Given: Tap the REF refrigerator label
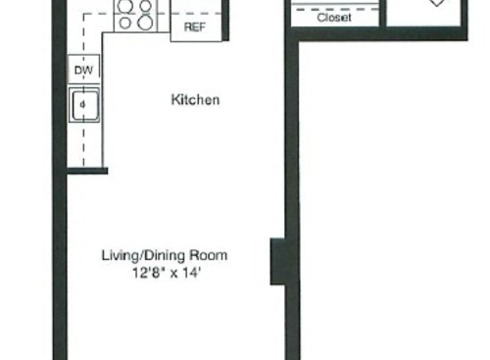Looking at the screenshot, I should [x=195, y=27].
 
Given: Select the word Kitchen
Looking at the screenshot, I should [x=195, y=100].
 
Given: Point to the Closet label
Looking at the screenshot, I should [x=334, y=18].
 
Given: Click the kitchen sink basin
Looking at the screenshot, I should [x=83, y=104].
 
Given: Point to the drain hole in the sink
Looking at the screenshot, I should [x=83, y=101].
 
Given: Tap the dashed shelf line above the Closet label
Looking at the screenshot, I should [x=334, y=7].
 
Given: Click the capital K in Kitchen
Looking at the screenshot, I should [x=175, y=100].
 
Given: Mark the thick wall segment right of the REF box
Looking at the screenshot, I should [x=226, y=20].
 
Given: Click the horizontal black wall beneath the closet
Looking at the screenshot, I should [x=392, y=34].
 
